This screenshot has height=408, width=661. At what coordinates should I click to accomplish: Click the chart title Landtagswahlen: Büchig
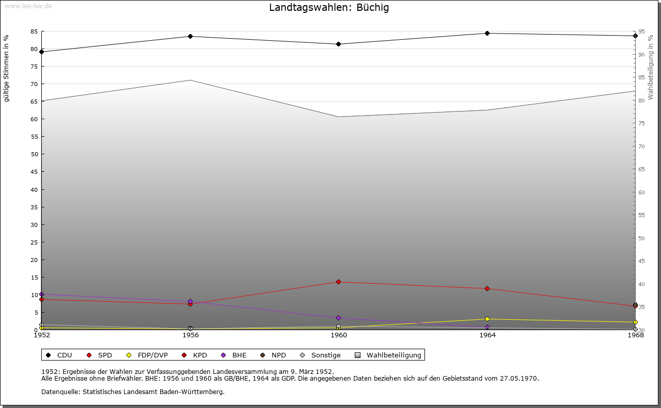point(329,8)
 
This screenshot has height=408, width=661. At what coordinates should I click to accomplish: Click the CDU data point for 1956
point(190,36)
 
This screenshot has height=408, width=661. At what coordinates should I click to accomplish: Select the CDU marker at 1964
point(487,34)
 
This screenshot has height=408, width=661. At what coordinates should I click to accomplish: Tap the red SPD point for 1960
point(338,282)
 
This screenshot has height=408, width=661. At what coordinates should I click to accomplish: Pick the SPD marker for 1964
point(487,288)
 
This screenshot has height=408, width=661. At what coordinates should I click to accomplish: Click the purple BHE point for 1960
point(338,318)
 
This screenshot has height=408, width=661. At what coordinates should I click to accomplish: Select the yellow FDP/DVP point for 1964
point(487,319)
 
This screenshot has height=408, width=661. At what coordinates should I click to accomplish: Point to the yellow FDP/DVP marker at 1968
point(635,322)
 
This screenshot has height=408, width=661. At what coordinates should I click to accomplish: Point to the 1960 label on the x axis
point(339,335)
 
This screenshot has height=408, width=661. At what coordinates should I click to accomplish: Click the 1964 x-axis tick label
point(487,335)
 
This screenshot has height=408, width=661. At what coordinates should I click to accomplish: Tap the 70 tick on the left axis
point(34,84)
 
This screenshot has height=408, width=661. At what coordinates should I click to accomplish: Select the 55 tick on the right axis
point(641,215)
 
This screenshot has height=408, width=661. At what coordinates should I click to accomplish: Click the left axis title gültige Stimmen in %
point(7,68)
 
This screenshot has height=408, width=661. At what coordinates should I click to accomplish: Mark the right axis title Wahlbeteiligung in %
point(651,67)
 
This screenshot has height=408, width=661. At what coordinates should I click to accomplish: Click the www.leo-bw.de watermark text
point(28,5)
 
